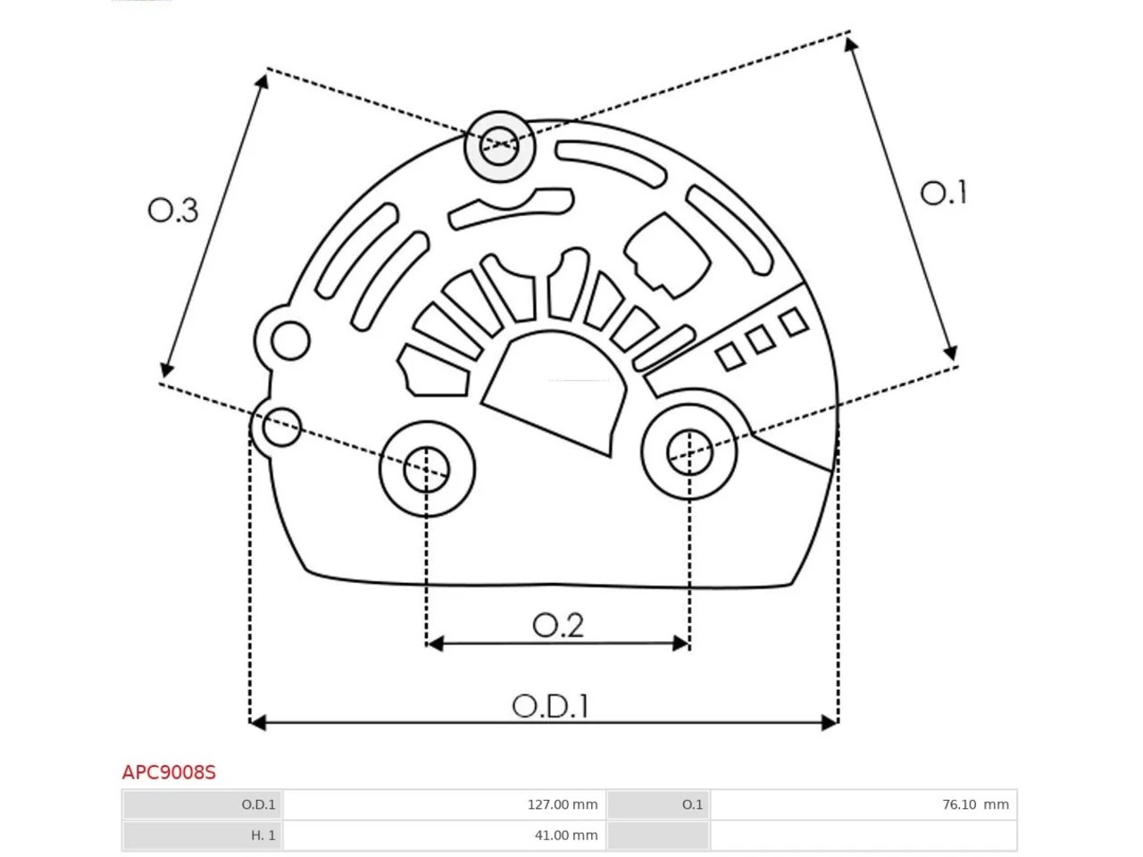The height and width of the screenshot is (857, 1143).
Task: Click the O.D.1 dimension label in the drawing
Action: [550, 706]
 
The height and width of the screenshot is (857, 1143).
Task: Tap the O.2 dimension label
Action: [558, 625]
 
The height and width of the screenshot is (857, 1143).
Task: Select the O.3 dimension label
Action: [173, 211]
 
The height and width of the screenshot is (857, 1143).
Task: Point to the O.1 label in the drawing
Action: [943, 193]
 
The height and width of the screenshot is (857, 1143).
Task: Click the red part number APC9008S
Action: [169, 773]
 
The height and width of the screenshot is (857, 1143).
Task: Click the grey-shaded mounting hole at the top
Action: [499, 146]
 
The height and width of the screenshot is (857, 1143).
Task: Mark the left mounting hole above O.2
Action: [427, 470]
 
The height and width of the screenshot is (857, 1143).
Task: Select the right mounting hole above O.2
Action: [688, 453]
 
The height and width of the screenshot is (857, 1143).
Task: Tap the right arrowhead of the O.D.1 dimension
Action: [830, 723]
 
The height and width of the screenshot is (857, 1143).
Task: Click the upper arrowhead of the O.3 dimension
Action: [263, 81]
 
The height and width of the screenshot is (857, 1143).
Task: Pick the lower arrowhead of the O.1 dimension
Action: [951, 353]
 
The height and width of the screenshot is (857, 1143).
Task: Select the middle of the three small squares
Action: [761, 340]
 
